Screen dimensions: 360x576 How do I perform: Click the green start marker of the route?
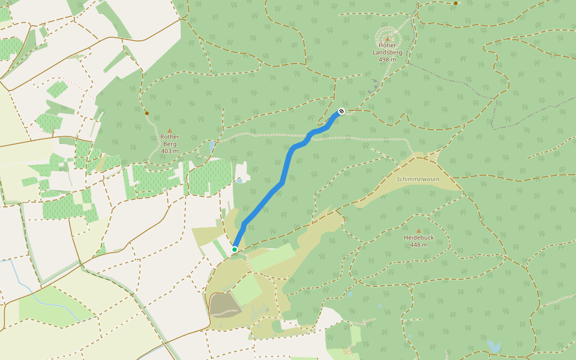[235, 249]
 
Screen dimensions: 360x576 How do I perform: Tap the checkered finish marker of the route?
[341, 111]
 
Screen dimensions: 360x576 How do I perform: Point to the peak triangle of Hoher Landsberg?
[387, 39]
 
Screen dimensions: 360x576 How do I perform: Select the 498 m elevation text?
[387, 59]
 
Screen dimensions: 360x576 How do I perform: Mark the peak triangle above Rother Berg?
[170, 130]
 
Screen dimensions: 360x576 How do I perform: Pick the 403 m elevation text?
[170, 151]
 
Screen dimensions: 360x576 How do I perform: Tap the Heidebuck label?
[418, 238]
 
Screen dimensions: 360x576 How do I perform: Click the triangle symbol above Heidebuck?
[418, 230]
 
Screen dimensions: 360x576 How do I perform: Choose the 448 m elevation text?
[418, 245]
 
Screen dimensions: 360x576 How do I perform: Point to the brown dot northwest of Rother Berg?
[146, 113]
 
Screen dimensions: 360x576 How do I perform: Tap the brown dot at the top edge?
[455, 3]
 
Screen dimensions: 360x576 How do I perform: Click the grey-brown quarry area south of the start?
[225, 305]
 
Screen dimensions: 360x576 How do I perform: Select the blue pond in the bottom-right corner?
[493, 346]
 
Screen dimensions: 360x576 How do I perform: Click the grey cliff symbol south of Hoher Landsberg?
[374, 86]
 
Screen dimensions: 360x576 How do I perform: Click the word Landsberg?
[387, 52]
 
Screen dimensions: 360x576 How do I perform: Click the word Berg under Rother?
[170, 143]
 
